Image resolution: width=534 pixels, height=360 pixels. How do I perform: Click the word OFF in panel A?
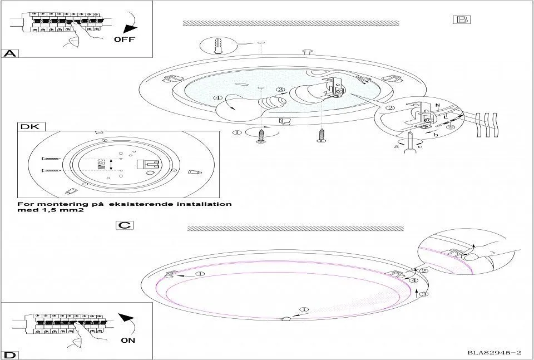(124, 40)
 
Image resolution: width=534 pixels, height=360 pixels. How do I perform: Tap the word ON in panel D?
(127, 341)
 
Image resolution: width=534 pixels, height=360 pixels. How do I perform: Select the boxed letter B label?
(461, 19)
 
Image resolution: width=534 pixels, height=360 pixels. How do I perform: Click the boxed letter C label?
(125, 225)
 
